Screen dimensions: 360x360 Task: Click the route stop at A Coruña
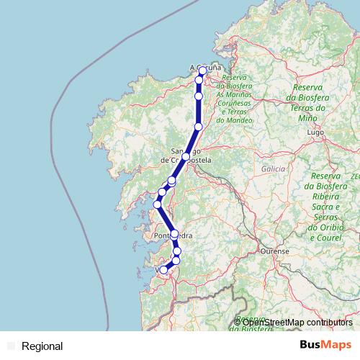[x=203, y=70]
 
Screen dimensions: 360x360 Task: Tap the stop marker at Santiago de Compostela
[x=186, y=156]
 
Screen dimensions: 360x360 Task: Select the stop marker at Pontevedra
[x=174, y=233]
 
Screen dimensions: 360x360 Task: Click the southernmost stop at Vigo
[x=164, y=270]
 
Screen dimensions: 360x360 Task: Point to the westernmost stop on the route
[x=157, y=204]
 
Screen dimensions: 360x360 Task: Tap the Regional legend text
[x=42, y=346]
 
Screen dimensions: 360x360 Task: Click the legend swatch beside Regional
[x=10, y=346]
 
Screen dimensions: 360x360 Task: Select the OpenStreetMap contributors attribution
[x=297, y=323]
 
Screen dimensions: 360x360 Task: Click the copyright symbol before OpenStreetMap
[x=238, y=323]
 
